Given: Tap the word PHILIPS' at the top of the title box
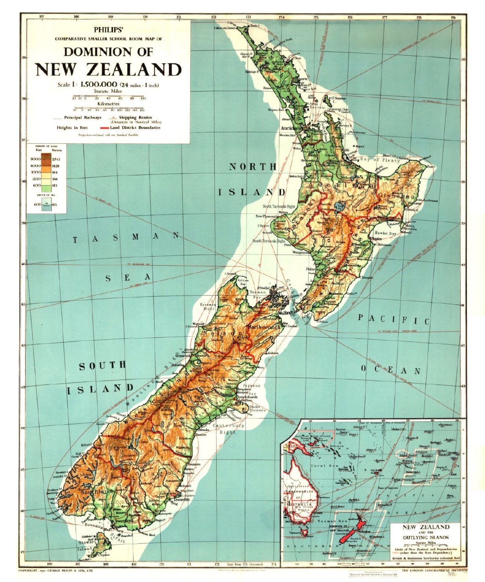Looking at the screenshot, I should [108, 30].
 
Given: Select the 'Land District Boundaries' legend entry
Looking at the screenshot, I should [135, 128].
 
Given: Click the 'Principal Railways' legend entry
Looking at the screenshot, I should [83, 117].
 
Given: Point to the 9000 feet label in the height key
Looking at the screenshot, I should [35, 159].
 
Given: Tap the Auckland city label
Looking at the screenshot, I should [291, 128].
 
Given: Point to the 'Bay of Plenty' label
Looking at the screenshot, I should [380, 160].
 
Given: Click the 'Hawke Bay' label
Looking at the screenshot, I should [385, 233].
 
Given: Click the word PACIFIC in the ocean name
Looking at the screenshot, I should [394, 319].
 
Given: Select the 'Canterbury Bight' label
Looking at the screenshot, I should [228, 429].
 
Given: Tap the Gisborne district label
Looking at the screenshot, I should [396, 195].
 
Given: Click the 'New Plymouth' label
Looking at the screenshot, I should [267, 216].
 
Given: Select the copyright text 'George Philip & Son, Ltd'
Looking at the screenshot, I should [72, 571].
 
